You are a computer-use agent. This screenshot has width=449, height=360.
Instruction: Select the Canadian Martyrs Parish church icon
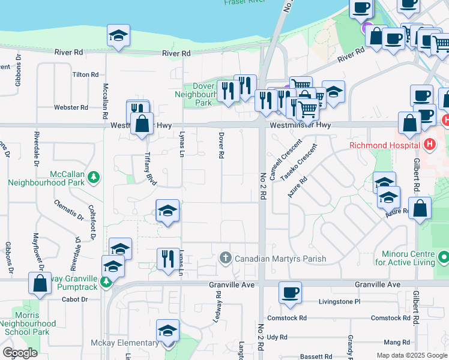pyautogui.click(x=226, y=259)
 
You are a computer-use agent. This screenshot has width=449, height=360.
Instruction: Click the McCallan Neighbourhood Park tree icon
pyautogui.click(x=93, y=177)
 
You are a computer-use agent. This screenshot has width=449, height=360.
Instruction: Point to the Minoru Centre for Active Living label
pyautogui.click(x=406, y=258)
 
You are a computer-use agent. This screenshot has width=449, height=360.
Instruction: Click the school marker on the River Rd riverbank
pyautogui.click(x=118, y=35)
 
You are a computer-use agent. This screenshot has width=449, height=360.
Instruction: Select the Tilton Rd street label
pyautogui.click(x=85, y=74)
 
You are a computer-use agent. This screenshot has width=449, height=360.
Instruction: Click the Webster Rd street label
pyautogui.click(x=71, y=107)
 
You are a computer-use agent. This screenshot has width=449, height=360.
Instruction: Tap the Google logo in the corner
pyautogui.click(x=20, y=353)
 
